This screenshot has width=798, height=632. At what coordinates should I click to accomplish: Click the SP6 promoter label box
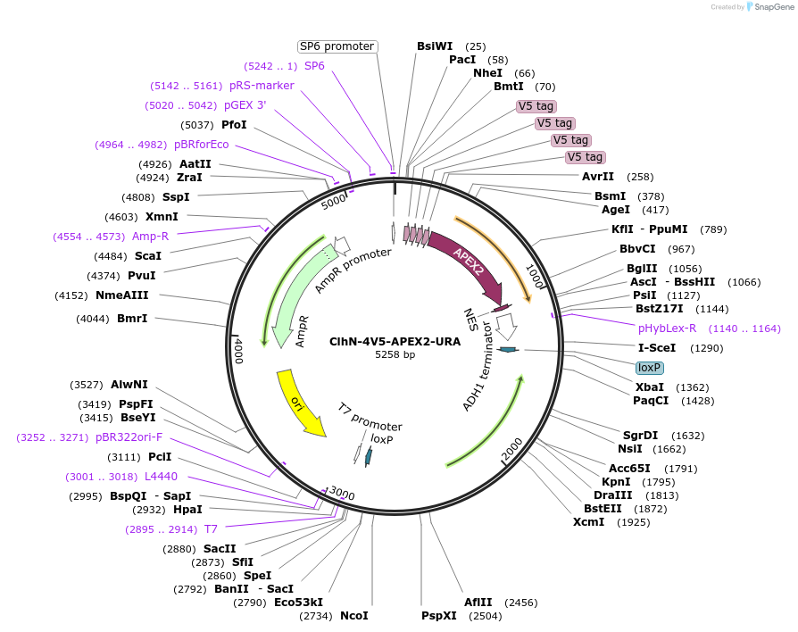[x=337, y=46]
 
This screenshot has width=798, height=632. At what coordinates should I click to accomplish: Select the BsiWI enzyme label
[x=435, y=46]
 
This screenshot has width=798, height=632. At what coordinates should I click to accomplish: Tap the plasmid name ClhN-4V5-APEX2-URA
[x=395, y=341]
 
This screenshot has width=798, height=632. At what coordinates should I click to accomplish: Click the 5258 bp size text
[x=395, y=354]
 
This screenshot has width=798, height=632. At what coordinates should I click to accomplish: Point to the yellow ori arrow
[x=300, y=403]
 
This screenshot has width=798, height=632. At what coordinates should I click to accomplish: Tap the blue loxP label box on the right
[x=649, y=367]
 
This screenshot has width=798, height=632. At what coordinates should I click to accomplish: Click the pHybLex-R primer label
[x=667, y=328]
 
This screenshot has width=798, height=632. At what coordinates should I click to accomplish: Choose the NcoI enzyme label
[x=353, y=616]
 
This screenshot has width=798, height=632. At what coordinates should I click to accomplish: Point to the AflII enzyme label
[x=477, y=603]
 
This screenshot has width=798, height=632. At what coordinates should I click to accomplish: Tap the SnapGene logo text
[x=773, y=7]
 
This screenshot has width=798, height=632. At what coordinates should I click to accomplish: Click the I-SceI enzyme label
[x=656, y=347]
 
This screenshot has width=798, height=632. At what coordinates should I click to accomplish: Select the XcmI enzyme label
[x=588, y=521]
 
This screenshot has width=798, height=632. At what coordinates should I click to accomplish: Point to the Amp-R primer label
[x=150, y=236]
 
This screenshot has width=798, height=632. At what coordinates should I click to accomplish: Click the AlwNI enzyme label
[x=129, y=385]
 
